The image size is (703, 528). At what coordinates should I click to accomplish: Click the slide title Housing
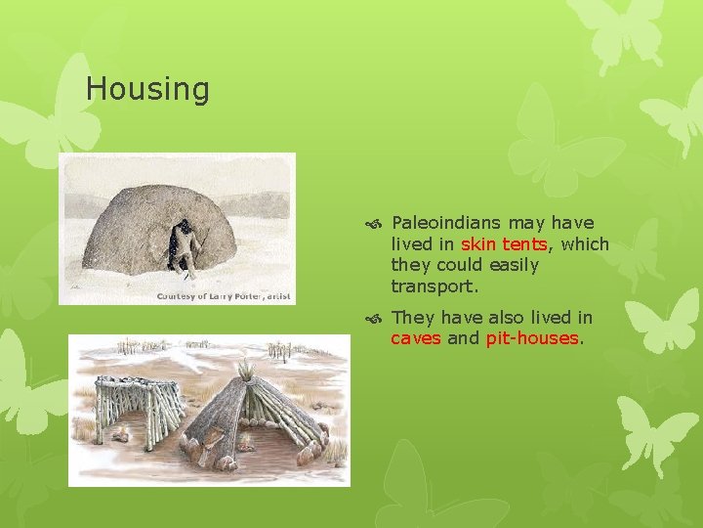(147, 89)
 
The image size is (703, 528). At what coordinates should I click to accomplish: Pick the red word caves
(416, 338)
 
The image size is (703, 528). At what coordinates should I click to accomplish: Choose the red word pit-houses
(532, 338)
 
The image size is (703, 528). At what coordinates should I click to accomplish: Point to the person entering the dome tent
(182, 244)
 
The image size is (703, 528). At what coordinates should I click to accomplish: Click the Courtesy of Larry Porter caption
(224, 295)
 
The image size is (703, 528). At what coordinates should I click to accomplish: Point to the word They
(413, 318)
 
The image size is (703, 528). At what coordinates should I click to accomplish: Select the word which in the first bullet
(585, 244)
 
